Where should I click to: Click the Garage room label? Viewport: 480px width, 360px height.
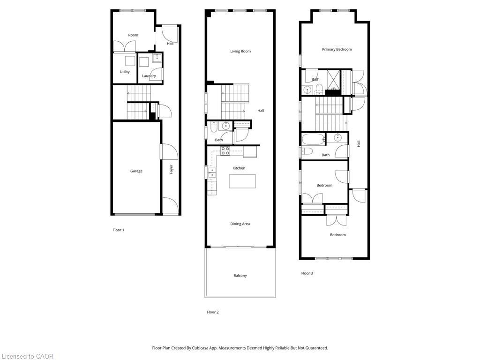coord(136,171)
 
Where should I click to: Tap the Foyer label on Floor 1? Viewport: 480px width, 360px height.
coord(172,169)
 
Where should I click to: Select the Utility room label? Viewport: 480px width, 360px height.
coord(125,72)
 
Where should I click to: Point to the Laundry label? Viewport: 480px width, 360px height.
coord(149,76)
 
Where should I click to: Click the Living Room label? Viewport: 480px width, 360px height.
coord(240,52)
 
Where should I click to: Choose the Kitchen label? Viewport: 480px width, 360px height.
coord(239,168)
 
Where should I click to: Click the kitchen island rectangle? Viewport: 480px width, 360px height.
coord(242,181)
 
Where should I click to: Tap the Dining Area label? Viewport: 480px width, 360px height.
coord(240,224)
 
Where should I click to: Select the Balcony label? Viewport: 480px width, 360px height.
coord(240,276)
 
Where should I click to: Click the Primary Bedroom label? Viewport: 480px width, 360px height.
coord(337,49)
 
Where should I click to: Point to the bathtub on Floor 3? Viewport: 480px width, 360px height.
coord(312,139)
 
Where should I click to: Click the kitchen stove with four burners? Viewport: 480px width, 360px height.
coord(225,150)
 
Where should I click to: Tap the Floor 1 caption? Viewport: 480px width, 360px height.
coord(119,230)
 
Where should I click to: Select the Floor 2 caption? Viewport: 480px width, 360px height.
coord(213,312)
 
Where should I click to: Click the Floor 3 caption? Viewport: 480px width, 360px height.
coord(307,273)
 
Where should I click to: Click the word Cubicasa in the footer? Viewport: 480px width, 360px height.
coord(202,348)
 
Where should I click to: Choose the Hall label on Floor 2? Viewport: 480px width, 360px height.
coord(261,111)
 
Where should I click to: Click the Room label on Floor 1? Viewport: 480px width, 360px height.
coord(134,35)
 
